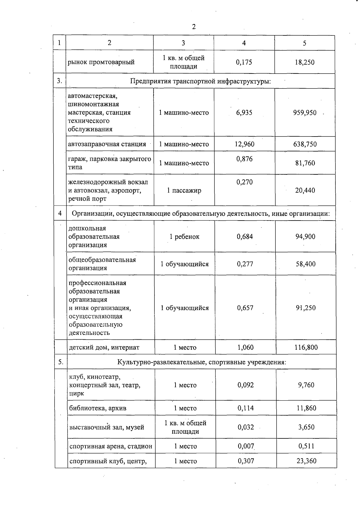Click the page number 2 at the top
(193, 27)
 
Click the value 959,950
(304, 113)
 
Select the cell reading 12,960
(244, 144)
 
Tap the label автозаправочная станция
(107, 144)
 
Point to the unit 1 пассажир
(184, 190)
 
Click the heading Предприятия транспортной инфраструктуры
(200, 81)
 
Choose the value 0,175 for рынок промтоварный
(244, 62)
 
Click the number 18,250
(304, 62)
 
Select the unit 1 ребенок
(184, 237)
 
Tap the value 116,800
(306, 347)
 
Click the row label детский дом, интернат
(104, 347)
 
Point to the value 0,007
(246, 446)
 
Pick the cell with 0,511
(306, 446)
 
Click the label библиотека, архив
(98, 408)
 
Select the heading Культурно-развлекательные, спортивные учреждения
(202, 362)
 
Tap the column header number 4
(244, 43)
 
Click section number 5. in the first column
(61, 362)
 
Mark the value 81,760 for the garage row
(305, 163)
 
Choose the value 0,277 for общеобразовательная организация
(245, 264)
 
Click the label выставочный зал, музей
(106, 427)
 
